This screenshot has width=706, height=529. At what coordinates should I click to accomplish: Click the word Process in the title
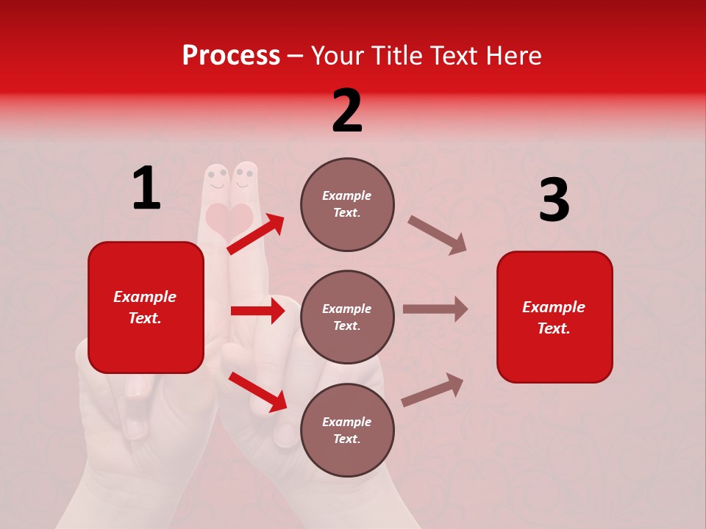click(x=231, y=55)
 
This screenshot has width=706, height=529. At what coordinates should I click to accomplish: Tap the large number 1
click(x=146, y=189)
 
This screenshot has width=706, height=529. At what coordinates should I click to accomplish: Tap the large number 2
click(x=347, y=111)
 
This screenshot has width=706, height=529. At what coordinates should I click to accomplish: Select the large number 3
click(x=554, y=201)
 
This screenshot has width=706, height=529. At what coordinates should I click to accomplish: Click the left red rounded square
click(x=146, y=307)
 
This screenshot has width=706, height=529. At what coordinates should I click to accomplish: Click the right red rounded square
click(x=555, y=317)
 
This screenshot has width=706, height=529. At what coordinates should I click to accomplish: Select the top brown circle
click(x=347, y=204)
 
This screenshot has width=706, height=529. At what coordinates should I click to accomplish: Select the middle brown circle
click(x=347, y=317)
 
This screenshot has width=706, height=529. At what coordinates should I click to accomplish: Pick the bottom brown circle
click(x=347, y=430)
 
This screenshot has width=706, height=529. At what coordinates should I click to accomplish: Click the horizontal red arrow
click(x=257, y=311)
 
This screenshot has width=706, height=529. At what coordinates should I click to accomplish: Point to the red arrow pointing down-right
click(x=258, y=391)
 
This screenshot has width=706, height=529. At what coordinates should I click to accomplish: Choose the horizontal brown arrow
click(x=435, y=309)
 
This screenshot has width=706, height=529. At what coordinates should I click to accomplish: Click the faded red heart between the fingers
click(x=229, y=218)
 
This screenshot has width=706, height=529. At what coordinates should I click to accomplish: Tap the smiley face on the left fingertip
click(x=216, y=179)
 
